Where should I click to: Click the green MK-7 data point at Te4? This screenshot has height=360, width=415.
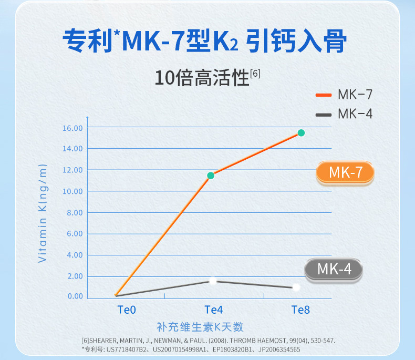[211, 176]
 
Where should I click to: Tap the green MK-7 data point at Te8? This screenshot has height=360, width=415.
[301, 133]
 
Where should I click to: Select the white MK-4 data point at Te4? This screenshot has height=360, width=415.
[213, 281]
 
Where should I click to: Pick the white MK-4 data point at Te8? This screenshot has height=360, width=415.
[296, 287]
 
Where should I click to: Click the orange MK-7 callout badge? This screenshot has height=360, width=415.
[345, 173]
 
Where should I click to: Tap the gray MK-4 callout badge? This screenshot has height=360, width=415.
[334, 270]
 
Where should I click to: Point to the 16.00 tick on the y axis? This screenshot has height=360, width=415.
[72, 128]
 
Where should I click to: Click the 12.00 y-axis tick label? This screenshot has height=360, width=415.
[72, 170]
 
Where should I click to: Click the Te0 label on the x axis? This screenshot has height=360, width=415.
[126, 310]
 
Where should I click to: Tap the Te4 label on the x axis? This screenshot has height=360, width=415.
[213, 310]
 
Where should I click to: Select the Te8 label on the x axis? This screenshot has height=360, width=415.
[300, 310]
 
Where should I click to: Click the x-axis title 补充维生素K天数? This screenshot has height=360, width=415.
[200, 327]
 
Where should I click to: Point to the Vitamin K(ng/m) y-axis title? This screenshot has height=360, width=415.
[43, 213]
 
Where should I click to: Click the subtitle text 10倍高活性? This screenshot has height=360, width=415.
[202, 78]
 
